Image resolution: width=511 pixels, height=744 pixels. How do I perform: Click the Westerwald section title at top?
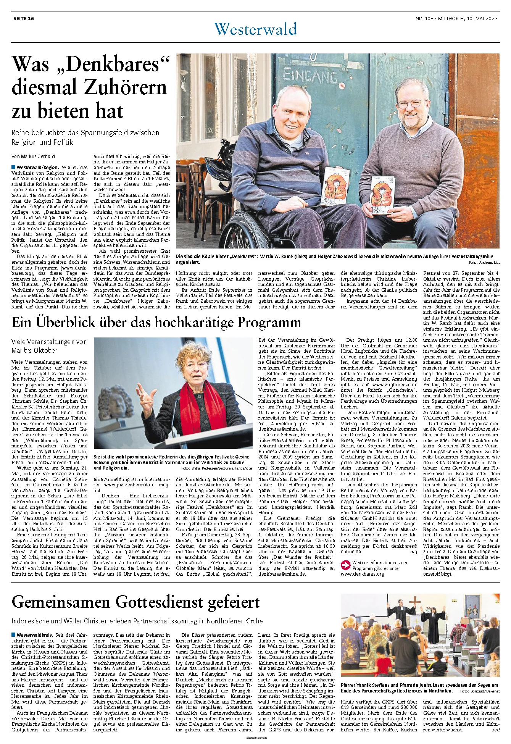255,29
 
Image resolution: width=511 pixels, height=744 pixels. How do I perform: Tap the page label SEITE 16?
24,18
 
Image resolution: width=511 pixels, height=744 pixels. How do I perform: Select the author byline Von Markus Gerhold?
33,157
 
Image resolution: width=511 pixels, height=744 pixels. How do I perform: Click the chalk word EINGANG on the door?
310,77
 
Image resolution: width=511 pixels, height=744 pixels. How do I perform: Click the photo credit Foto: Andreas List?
484,263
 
